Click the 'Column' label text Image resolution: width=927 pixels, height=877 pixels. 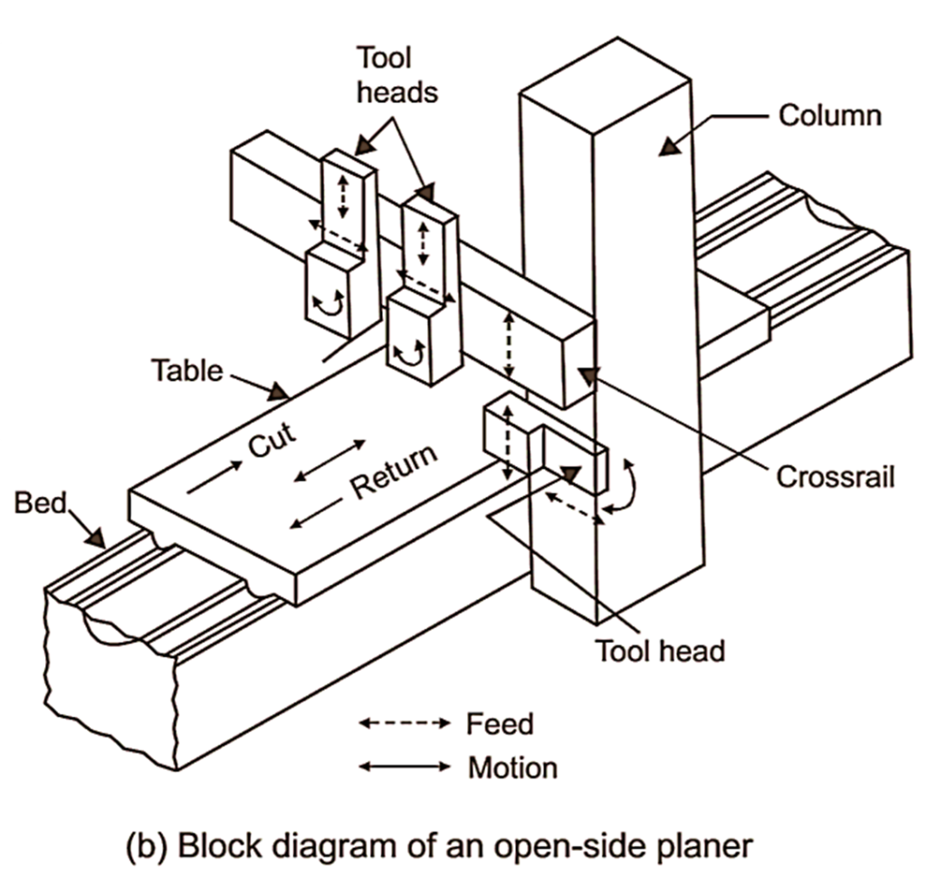[x=829, y=116]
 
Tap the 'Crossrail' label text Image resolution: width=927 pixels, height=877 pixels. [x=835, y=476]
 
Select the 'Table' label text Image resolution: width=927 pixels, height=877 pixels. [x=186, y=370]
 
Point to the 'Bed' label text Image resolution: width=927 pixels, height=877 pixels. [x=41, y=502]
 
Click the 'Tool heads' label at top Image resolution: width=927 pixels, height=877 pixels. [x=383, y=75]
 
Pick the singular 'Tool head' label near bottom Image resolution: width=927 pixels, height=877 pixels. [x=659, y=650]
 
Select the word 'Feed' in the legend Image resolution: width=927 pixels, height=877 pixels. [x=500, y=724]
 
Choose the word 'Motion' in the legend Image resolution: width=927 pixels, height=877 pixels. [x=512, y=768]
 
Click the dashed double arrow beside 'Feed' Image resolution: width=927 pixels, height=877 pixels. [x=404, y=724]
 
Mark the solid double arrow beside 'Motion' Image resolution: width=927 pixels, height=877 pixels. [x=404, y=767]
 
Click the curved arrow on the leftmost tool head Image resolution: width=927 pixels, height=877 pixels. [x=329, y=306]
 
